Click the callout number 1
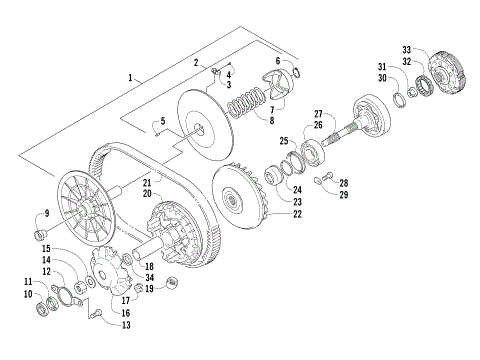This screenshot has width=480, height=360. [130, 77]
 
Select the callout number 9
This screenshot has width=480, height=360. [45, 214]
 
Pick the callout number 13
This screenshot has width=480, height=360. [126, 324]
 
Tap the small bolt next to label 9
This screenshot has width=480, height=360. [41, 233]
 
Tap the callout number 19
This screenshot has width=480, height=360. [149, 288]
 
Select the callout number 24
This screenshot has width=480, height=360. [296, 187]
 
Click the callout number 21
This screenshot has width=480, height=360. [146, 183]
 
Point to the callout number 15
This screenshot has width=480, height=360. [46, 248]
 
